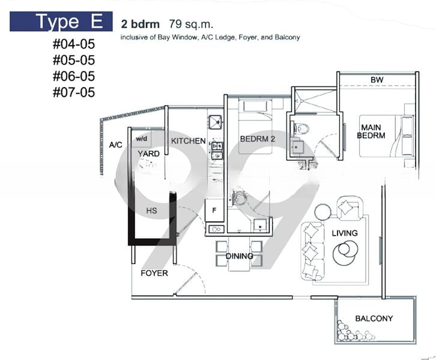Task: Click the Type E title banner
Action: (x=61, y=22)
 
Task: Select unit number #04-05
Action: (x=74, y=44)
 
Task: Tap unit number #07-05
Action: (x=74, y=92)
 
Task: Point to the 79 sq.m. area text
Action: (x=191, y=24)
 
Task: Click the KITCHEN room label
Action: (x=188, y=141)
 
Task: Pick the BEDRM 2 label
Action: (x=258, y=139)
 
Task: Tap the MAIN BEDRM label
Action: (x=371, y=131)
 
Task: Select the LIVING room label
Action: (x=345, y=233)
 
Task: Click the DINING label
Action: (x=239, y=256)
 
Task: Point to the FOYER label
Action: (x=154, y=273)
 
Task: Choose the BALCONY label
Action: (x=374, y=319)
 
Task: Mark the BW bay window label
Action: (x=377, y=80)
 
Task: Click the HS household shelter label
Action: (x=151, y=211)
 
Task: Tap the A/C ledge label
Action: (x=115, y=145)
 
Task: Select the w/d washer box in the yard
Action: (x=142, y=139)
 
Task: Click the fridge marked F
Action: (x=214, y=210)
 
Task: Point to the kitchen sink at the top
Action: (x=215, y=122)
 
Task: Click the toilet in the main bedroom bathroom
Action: (x=301, y=128)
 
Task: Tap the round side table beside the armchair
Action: (x=323, y=212)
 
